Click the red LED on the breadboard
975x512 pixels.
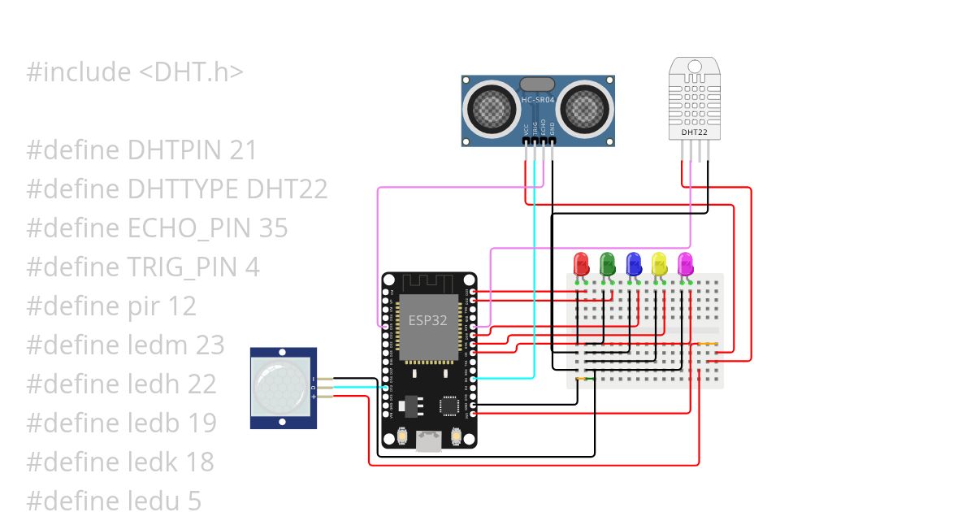[581, 263]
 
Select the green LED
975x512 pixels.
[607, 263]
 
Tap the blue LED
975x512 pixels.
[633, 263]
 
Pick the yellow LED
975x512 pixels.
[659, 263]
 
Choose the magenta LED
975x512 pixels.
[685, 263]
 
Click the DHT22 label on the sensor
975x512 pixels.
[693, 132]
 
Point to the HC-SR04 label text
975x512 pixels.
[537, 100]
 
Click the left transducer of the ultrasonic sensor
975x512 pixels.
[491, 106]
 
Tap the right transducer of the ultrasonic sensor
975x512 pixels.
[584, 106]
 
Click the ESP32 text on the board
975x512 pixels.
[427, 320]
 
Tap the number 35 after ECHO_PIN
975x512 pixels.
[273, 228]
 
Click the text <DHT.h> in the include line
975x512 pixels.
[191, 72]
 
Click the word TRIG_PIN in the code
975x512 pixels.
[183, 267]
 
